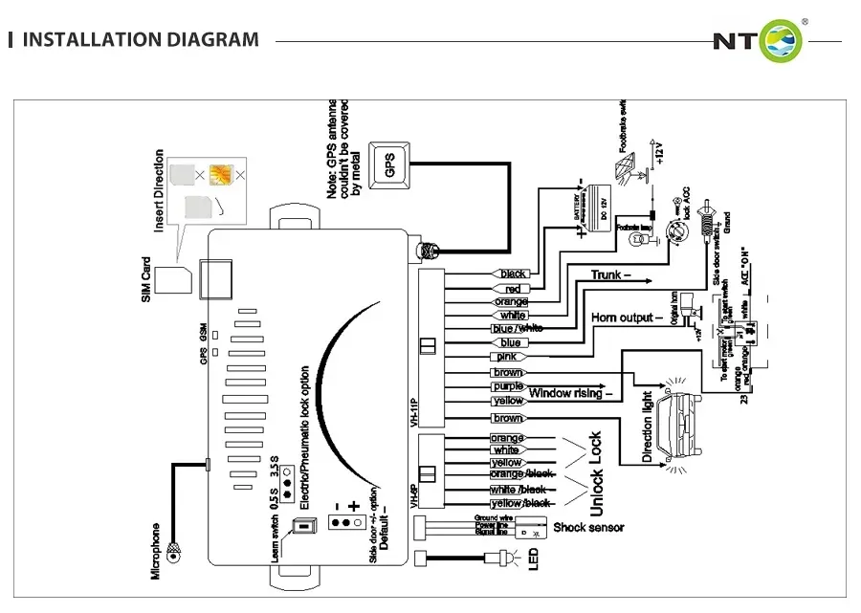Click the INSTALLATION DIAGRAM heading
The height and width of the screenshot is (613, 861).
click(x=140, y=40)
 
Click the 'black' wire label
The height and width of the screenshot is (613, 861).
click(x=514, y=274)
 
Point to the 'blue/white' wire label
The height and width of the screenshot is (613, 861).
click(x=517, y=328)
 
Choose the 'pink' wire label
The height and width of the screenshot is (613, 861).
click(x=508, y=357)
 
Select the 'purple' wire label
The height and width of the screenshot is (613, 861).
click(x=507, y=386)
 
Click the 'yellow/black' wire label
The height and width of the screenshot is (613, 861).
click(x=519, y=503)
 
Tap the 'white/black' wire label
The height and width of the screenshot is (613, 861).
click(x=519, y=490)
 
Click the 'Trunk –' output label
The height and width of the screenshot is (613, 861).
click(x=611, y=275)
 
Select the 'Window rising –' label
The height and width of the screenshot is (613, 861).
click(x=570, y=392)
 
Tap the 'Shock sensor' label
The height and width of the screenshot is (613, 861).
click(x=588, y=527)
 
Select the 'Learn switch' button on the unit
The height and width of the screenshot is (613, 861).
click(x=303, y=526)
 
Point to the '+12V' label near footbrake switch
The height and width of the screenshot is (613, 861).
click(x=658, y=153)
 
